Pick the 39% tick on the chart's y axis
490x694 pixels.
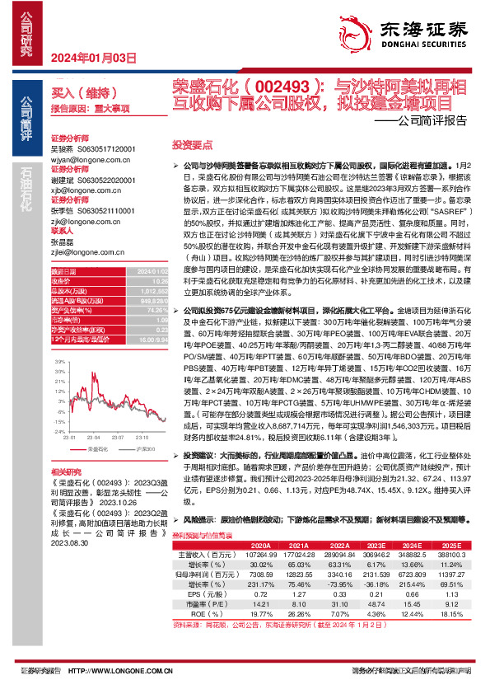pyautogui.click(x=58, y=362)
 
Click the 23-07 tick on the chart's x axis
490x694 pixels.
pyautogui.click(x=116, y=438)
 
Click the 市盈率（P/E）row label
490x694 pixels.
pyautogui.click(x=204, y=604)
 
